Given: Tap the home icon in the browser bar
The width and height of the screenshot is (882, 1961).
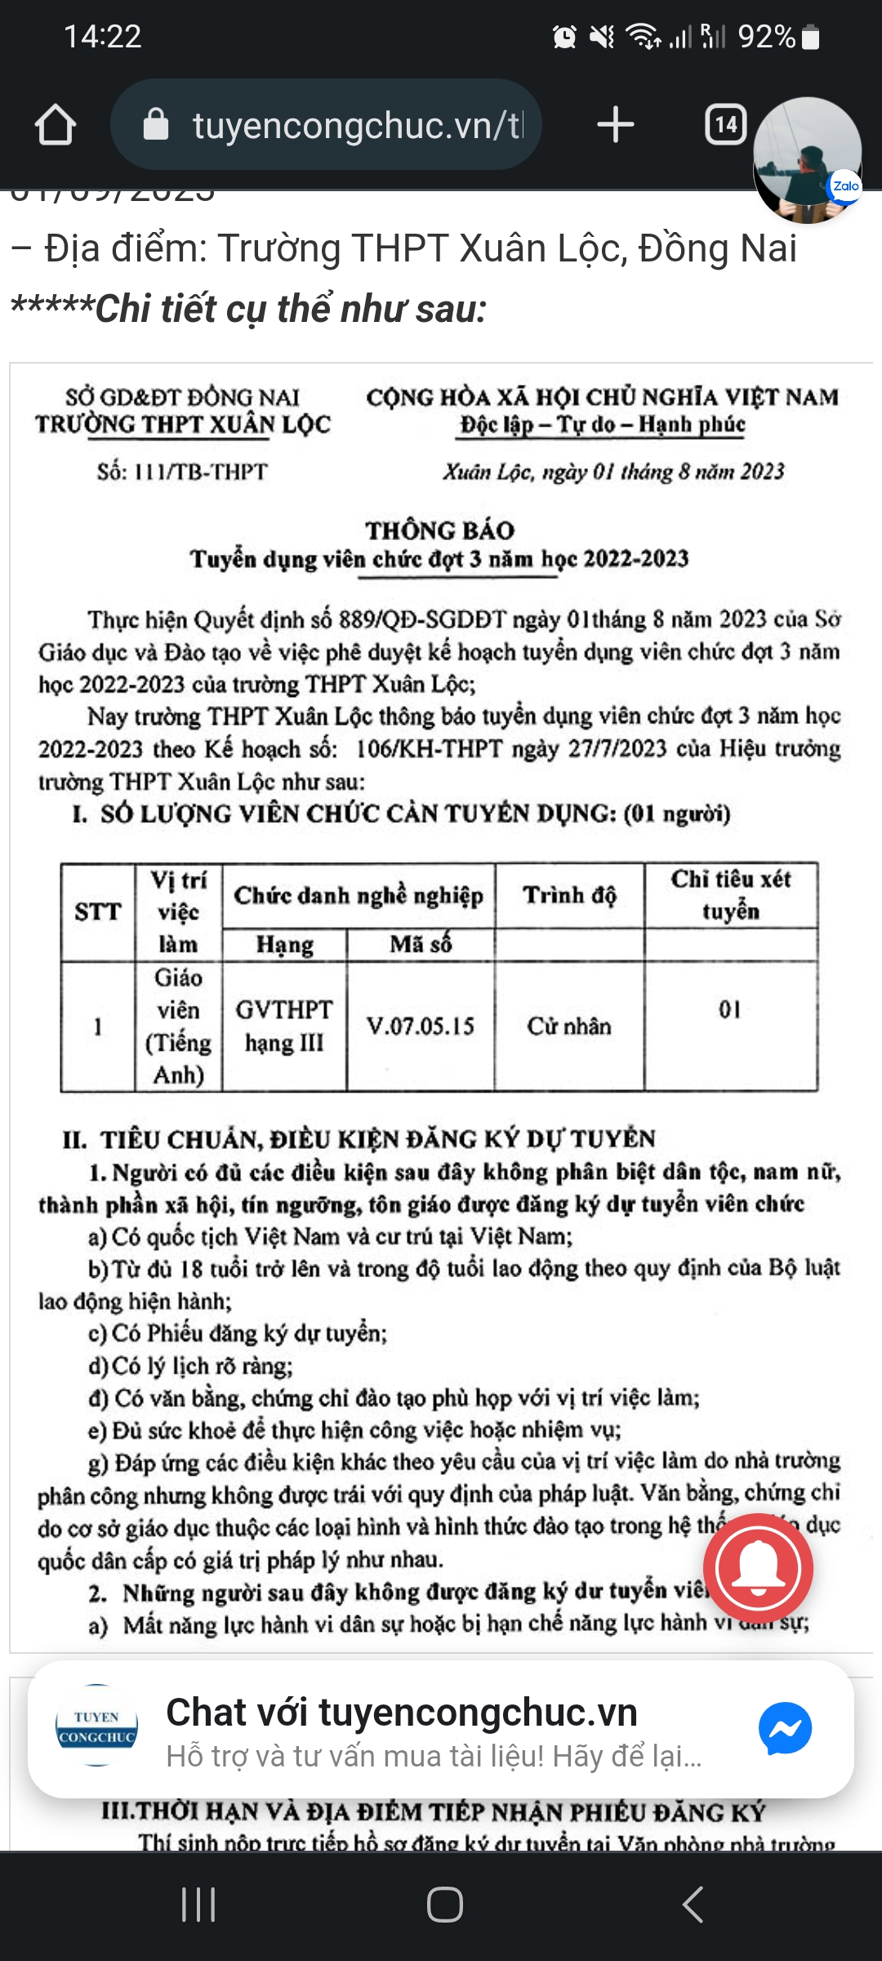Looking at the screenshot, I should tap(56, 125).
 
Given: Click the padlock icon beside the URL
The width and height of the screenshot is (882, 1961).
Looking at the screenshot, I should tap(155, 125).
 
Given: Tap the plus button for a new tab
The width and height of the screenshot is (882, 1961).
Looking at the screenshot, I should tap(615, 125).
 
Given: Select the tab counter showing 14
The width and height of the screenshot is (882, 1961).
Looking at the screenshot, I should tap(725, 125).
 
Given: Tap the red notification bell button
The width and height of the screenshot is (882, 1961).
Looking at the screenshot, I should tap(758, 1567).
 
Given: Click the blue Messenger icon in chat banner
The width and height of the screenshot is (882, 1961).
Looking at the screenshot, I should tap(785, 1728).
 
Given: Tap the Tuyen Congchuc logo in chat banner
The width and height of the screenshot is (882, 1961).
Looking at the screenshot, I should tap(96, 1726).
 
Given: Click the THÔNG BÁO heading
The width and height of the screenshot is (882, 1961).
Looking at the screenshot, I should tap(439, 530).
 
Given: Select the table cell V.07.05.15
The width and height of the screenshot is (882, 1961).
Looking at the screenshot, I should tap(421, 1026).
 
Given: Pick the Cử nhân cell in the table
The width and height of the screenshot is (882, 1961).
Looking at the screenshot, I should tap(569, 1026).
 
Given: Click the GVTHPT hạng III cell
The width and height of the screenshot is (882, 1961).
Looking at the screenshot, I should tap(284, 1026).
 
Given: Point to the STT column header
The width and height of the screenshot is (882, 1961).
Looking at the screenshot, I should tap(98, 912).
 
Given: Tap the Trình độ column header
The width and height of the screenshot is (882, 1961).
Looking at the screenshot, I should tap(569, 896).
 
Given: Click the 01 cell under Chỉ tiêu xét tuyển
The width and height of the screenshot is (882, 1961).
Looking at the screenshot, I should tap(730, 1011).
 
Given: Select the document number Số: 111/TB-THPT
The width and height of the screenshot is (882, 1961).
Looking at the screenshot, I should tap(182, 472).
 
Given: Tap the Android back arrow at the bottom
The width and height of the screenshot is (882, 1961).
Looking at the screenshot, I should tap(693, 1905).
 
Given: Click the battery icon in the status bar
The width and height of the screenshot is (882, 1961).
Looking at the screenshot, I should tap(810, 37).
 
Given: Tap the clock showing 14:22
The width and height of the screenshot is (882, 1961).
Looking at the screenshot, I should tap(103, 37).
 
